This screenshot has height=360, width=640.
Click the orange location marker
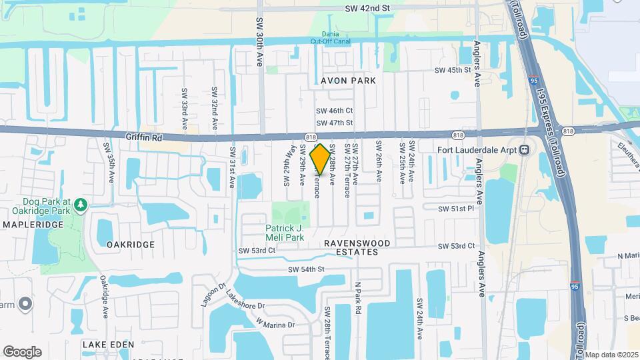click(320, 159)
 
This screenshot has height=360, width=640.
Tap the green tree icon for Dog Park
click(80, 203)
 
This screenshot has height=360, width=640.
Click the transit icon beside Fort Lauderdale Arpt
click(525, 149)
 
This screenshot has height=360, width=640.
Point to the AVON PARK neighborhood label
click(348, 81)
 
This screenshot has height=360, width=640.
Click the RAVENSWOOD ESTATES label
click(351, 248)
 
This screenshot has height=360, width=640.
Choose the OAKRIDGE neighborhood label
click(131, 245)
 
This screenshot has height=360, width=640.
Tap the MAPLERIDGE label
click(33, 225)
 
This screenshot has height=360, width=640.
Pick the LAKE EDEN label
click(108, 345)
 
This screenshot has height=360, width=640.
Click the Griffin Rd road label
click(144, 135)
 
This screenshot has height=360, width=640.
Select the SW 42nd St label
click(367, 9)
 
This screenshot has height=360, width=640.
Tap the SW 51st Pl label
click(455, 209)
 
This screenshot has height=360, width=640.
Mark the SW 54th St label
click(306, 269)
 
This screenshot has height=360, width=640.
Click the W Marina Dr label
click(275, 324)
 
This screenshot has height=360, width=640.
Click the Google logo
click(22, 352)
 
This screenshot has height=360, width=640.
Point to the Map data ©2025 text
click(611, 355)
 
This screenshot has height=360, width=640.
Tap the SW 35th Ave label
click(106, 163)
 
